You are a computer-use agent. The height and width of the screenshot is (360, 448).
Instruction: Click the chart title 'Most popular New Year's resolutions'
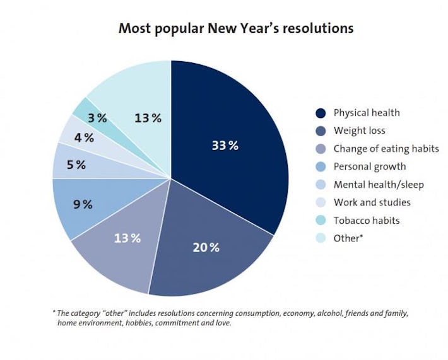[236, 28]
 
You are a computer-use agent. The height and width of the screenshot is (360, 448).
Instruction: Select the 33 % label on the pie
[225, 146]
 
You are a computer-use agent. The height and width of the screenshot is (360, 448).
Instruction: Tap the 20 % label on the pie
[206, 247]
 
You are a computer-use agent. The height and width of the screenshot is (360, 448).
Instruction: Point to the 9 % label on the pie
[83, 204]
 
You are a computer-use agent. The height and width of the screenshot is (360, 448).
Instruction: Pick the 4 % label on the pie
[84, 137]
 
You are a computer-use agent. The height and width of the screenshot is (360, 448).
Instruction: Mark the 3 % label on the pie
[97, 118]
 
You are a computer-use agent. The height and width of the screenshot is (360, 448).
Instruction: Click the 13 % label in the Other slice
[147, 118]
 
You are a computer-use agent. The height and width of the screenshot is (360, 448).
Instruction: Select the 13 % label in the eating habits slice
[126, 238]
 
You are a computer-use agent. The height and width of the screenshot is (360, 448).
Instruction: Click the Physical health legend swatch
[321, 113]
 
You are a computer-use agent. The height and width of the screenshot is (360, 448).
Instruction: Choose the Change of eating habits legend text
[386, 149]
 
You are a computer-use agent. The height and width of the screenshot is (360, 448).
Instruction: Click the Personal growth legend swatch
[321, 167]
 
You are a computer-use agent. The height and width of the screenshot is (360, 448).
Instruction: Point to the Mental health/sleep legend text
[379, 185]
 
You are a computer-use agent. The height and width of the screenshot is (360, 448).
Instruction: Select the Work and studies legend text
[372, 202]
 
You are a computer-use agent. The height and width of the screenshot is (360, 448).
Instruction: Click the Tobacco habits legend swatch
[321, 221]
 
